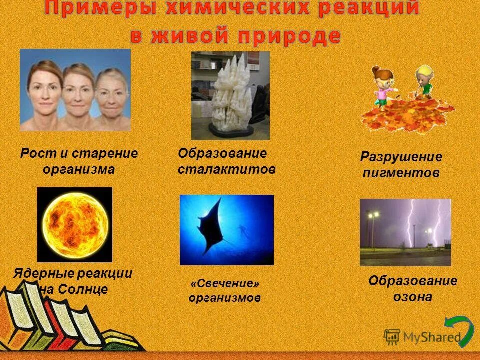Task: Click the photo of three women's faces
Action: coord(75,90)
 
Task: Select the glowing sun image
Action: coord(74,224)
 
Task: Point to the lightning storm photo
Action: coord(405,232)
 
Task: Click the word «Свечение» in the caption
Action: coord(225,284)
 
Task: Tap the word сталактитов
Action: coord(227,170)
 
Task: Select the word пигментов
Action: coord(401,173)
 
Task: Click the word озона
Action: coord(413,297)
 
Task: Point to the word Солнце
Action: coord(82,289)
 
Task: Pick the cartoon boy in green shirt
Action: coord(423,82)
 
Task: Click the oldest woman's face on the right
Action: coord(110,97)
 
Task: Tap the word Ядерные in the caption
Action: coord(43,274)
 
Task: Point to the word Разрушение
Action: coord(401,157)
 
